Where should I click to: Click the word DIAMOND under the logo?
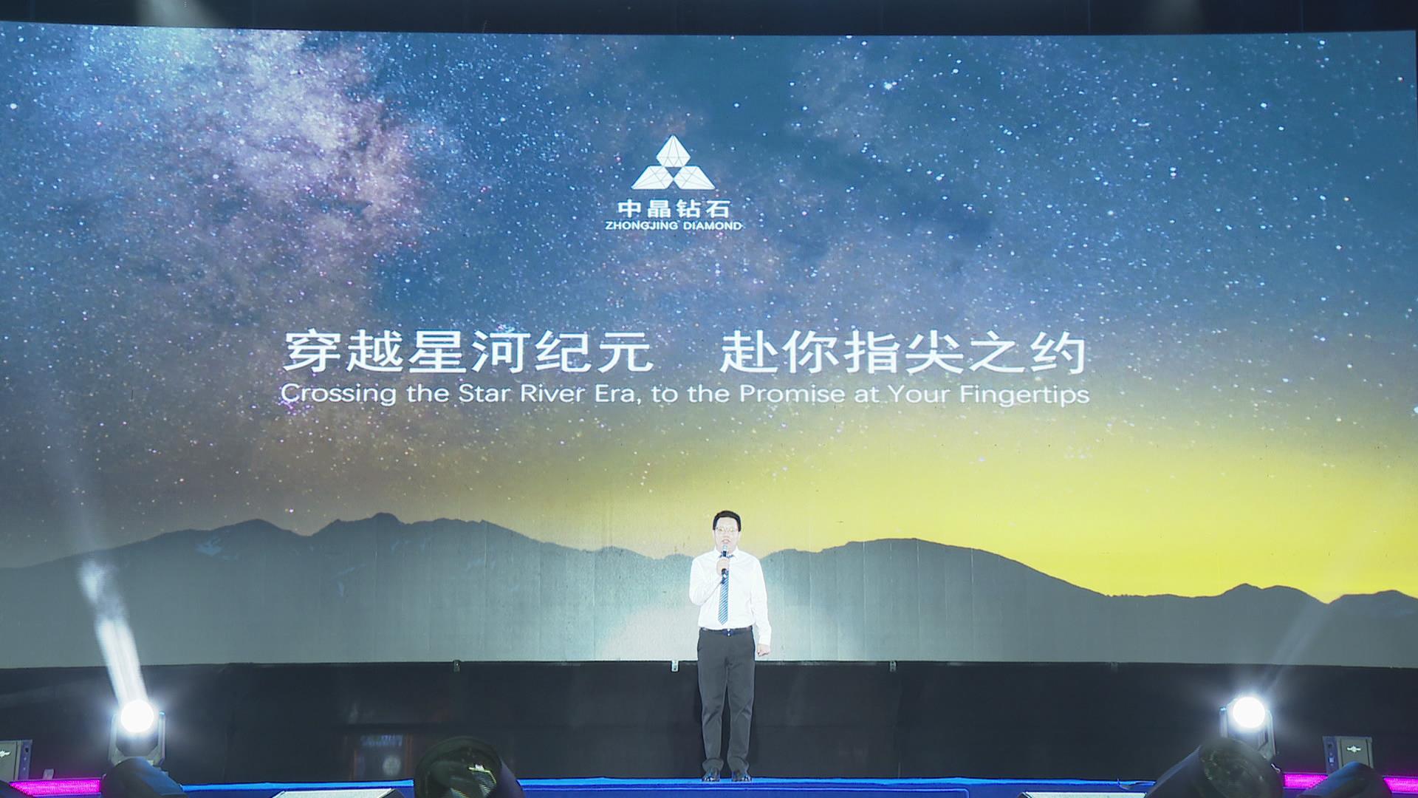708,225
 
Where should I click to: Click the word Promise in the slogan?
792,393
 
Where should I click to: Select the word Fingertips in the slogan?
1024,394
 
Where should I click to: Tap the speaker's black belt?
726,630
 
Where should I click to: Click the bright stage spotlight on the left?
137,716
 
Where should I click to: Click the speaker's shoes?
726,774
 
